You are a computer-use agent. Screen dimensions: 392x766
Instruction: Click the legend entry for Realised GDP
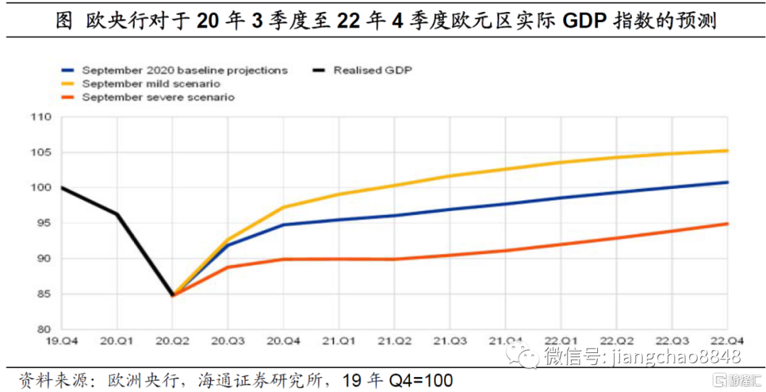(372, 70)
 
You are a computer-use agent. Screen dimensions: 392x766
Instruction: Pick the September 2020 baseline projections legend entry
(184, 70)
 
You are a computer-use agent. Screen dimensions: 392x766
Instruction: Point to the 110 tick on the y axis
(43, 117)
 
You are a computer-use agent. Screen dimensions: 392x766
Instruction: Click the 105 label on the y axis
(43, 153)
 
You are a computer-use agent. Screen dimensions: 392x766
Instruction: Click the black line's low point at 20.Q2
(172, 295)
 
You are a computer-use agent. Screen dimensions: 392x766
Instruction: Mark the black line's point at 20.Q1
(117, 214)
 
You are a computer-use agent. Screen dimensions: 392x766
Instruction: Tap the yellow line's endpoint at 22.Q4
(728, 151)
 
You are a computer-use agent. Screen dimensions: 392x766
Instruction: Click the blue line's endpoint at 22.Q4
(728, 183)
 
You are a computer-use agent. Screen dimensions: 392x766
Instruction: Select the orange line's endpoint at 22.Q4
(728, 224)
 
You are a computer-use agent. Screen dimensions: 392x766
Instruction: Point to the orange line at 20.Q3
(228, 267)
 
